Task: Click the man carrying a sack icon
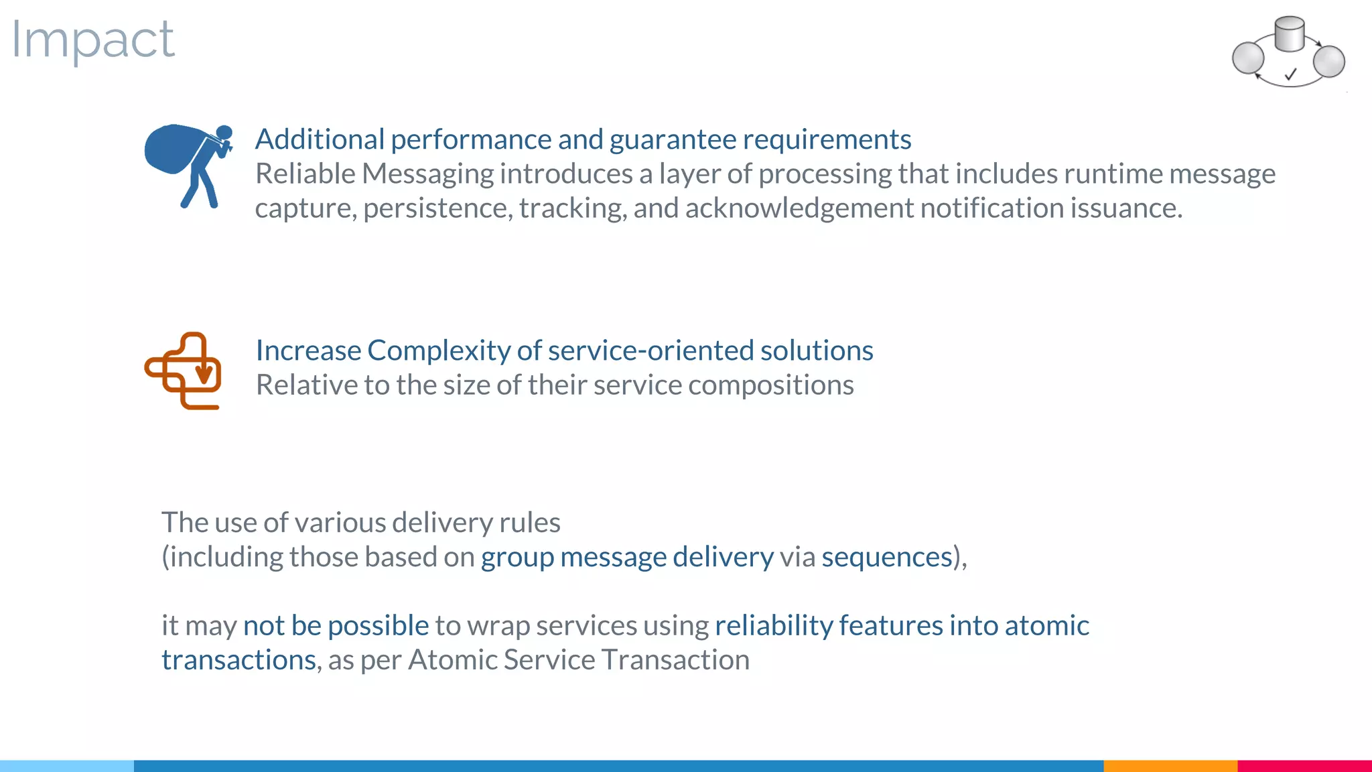pos(188,164)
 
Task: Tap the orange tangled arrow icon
pos(183,371)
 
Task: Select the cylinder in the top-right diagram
pos(1289,34)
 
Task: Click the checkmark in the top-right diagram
pos(1291,74)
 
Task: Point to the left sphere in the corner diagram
pos(1248,58)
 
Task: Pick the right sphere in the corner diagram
pos(1329,61)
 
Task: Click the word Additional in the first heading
pos(320,139)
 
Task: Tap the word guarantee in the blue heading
pos(673,139)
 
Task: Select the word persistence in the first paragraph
pos(437,208)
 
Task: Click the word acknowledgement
pos(799,208)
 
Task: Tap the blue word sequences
pos(887,558)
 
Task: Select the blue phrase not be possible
pos(336,626)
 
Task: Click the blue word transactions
pos(238,660)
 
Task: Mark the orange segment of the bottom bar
pos(1170,765)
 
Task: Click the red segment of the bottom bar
pos(1304,765)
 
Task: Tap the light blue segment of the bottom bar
pos(67,765)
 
